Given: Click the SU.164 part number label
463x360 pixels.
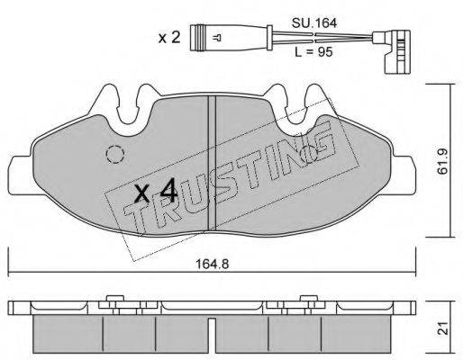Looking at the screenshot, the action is point(314,23).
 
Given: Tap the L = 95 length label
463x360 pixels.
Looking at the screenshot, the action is point(313,52).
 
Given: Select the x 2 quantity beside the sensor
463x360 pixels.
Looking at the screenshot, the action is point(169,38).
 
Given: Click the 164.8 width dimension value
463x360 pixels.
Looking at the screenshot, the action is point(212,265).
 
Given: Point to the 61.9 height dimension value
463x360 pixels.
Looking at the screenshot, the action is point(442,161).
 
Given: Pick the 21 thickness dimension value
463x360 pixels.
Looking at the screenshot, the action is point(443,328).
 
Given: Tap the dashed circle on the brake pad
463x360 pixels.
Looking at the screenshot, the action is point(115,154).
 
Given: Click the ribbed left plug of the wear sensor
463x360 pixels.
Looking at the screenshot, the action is point(200,38).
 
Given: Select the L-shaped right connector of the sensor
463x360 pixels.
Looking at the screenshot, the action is point(395,51).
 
